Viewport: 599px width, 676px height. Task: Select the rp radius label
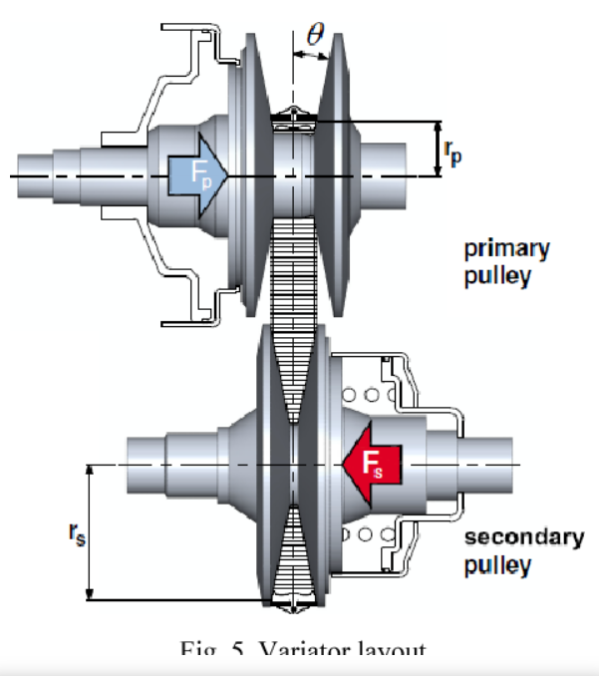point(453,152)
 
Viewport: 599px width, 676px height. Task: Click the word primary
point(506,249)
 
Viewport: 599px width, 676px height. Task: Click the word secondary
point(524,538)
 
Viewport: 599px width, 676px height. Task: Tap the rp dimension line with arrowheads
point(438,150)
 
